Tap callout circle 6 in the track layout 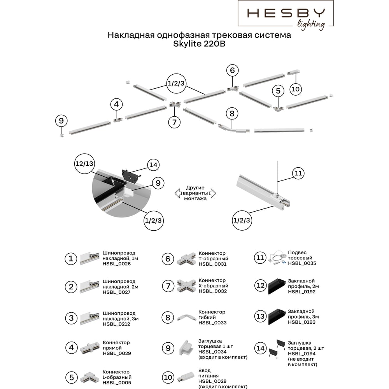[233, 70]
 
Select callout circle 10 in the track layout [296, 89]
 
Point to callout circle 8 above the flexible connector [232, 113]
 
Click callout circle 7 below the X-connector [174, 122]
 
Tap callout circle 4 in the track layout [116, 104]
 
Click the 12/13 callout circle [84, 163]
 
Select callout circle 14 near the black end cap [153, 165]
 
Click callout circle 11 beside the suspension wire [298, 173]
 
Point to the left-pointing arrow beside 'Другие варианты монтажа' [178, 193]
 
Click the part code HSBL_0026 [117, 264]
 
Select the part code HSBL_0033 [212, 323]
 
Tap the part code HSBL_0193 [302, 322]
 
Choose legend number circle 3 [71, 318]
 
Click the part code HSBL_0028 [212, 381]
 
